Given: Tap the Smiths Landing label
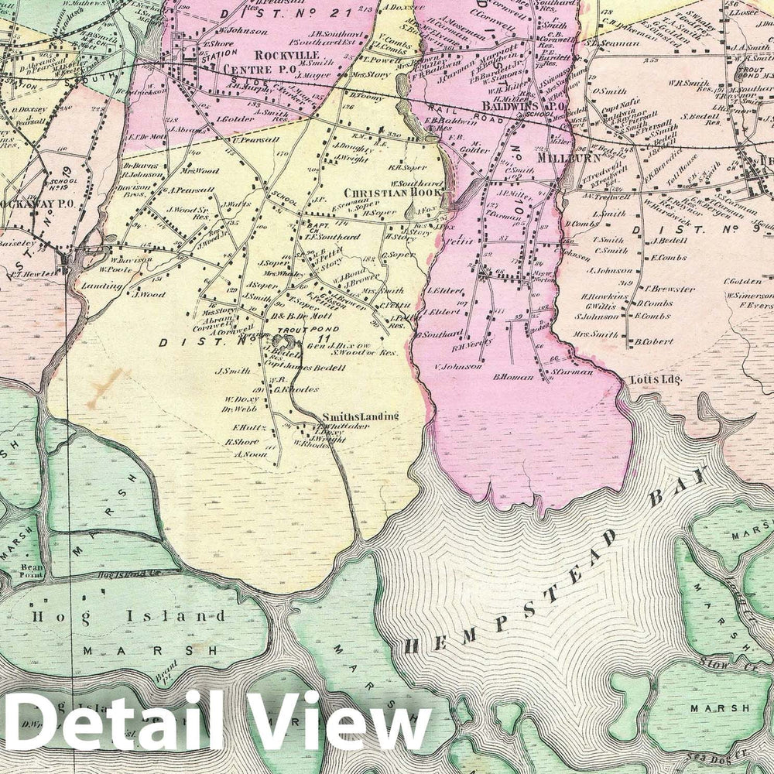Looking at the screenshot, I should (x=361, y=416).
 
